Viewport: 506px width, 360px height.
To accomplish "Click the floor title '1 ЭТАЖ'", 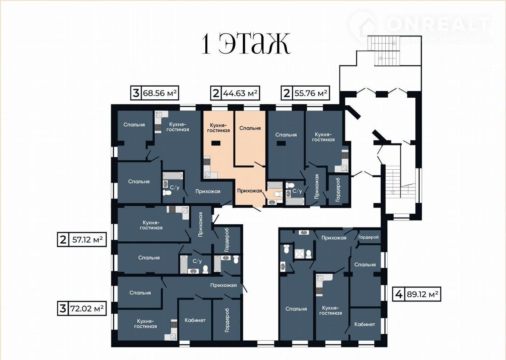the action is [246, 44].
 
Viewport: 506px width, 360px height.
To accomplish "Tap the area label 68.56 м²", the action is [160, 93].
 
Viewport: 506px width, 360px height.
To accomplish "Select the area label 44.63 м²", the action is [240, 93].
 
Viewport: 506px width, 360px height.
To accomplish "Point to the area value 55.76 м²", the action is [311, 93].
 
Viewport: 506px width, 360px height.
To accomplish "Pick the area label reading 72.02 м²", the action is [87, 308].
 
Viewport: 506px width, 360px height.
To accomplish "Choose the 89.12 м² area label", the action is [423, 294].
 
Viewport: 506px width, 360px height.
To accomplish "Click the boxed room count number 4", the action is [399, 294].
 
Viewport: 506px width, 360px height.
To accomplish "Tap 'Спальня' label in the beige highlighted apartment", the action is [250, 128].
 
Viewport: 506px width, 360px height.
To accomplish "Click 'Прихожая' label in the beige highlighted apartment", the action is [249, 191].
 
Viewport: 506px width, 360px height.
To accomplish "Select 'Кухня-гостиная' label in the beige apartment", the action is [218, 128].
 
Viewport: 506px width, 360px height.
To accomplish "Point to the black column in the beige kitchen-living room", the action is [216, 143].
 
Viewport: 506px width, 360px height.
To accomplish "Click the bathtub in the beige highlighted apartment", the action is [275, 185].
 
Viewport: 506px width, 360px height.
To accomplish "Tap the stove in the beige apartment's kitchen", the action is [207, 161].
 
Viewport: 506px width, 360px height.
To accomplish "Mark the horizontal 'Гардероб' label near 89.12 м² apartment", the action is [368, 237].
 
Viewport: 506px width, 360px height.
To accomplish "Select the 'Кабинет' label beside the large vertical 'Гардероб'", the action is [195, 320].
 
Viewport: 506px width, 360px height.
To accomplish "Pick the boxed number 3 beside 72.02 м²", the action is [63, 309].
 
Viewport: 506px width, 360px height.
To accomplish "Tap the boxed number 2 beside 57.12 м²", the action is [63, 239].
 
